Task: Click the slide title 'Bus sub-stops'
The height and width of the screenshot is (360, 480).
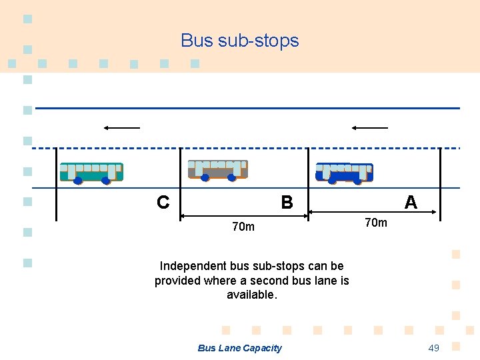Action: [x=240, y=41]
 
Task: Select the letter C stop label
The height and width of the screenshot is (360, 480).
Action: [x=163, y=202]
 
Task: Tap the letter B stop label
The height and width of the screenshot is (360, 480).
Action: [x=287, y=202]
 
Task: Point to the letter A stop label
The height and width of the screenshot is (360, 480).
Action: [x=411, y=202]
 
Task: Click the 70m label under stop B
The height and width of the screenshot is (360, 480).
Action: [x=243, y=227]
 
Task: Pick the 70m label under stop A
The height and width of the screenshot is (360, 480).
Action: [x=375, y=223]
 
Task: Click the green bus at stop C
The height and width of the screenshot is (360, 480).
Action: [x=91, y=172]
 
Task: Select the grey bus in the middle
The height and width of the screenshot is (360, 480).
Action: [x=218, y=169]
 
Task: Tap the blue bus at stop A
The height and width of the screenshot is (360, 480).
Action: [x=344, y=172]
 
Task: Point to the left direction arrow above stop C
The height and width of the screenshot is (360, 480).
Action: [x=121, y=127]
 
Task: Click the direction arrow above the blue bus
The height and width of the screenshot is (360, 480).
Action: [x=370, y=127]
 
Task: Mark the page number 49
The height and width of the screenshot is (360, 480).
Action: [x=433, y=348]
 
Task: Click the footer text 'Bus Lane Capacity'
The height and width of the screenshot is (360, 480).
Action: [x=240, y=348]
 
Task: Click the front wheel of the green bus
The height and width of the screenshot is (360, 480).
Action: [x=78, y=180]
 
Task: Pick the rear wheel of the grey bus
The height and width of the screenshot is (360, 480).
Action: [x=232, y=178]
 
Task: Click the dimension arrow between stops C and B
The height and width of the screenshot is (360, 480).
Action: [x=244, y=215]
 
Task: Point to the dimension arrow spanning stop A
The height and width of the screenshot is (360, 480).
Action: [x=373, y=213]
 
